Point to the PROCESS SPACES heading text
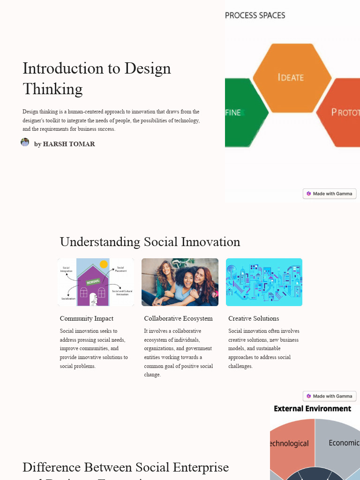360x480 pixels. [x=255, y=15]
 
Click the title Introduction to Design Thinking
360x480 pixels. [x=97, y=78]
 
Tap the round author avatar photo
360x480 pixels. [x=25, y=142]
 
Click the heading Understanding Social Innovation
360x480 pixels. [x=150, y=242]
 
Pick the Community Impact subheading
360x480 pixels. [x=87, y=319]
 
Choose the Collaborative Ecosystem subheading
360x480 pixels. [x=178, y=319]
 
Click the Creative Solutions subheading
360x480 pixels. [x=254, y=319]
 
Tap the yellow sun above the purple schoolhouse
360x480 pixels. [x=104, y=264]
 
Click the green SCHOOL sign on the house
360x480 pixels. [x=93, y=281]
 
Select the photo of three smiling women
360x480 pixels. [x=180, y=282]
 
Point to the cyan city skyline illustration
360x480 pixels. [x=264, y=282]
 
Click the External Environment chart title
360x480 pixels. [x=312, y=409]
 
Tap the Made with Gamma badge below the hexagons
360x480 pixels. [x=330, y=194]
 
